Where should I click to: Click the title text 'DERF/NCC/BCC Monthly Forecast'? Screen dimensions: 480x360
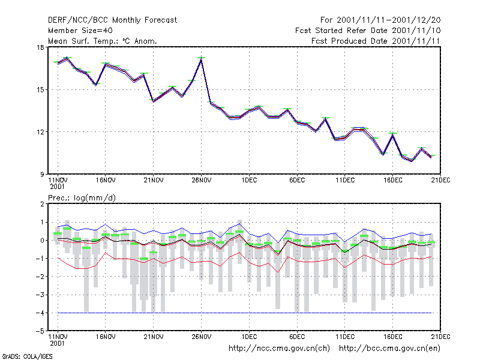click(x=112, y=20)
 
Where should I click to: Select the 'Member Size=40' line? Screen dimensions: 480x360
click(x=80, y=31)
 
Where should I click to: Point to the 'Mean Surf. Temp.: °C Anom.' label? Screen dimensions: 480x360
click(x=102, y=41)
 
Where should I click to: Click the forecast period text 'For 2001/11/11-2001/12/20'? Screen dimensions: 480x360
click(x=380, y=20)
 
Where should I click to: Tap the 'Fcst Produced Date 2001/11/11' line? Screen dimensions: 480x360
click(x=376, y=41)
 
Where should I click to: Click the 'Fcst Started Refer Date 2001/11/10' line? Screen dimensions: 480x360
click(x=368, y=31)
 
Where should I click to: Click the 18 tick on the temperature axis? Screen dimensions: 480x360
click(x=40, y=47)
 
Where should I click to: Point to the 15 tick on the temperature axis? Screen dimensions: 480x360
click(x=40, y=89)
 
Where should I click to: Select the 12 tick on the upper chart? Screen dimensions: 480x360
click(x=40, y=132)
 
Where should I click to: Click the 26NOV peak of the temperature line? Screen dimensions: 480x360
click(x=201, y=59)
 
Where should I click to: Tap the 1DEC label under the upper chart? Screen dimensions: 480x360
click(x=249, y=181)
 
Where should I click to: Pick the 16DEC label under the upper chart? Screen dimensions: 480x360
click(x=393, y=181)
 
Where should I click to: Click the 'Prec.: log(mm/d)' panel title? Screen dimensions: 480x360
click(x=82, y=198)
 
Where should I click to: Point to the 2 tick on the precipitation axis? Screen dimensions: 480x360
click(x=42, y=204)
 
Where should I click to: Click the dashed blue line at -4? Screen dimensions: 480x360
click(x=245, y=313)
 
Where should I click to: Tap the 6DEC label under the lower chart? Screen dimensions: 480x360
click(x=297, y=337)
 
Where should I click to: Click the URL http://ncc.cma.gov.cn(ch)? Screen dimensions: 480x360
click(x=279, y=349)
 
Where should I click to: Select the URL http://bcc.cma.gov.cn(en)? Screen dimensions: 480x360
click(x=389, y=349)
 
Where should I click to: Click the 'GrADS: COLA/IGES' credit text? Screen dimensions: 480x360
click(x=27, y=356)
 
